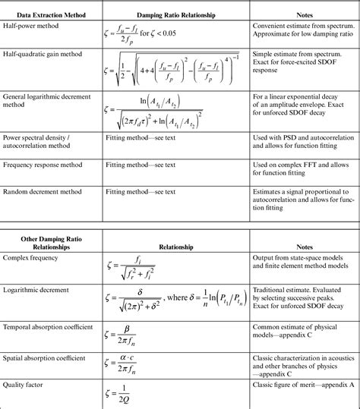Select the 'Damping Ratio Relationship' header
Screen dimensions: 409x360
point(176,15)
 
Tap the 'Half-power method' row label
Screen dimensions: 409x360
point(32,26)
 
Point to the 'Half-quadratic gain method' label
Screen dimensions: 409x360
point(43,55)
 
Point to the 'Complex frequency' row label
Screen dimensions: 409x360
point(31,259)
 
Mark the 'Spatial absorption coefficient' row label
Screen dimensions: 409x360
point(44,357)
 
